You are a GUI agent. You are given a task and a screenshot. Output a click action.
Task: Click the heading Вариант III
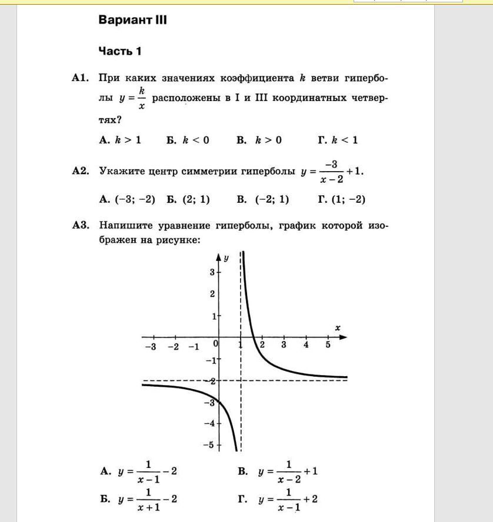point(133,20)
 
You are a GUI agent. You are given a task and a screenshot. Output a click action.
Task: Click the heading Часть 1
point(120,51)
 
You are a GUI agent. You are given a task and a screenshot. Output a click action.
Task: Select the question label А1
point(80,78)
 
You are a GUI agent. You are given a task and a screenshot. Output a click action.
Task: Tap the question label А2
point(80,171)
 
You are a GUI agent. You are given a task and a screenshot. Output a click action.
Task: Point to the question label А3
point(80,225)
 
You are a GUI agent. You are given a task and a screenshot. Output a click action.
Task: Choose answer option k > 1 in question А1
point(121,140)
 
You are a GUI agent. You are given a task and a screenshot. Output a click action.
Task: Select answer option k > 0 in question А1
point(259,140)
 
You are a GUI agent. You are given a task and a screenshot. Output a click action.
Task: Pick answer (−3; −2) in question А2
point(128,199)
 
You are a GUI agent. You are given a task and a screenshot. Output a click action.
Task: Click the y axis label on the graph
point(226,258)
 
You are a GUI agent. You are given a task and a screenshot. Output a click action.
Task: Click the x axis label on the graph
point(338,328)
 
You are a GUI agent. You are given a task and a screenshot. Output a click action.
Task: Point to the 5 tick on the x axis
point(328,345)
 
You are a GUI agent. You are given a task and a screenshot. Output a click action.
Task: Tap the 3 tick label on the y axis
point(212,272)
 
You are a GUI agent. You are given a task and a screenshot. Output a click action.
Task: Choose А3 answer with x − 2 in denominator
point(288,472)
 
